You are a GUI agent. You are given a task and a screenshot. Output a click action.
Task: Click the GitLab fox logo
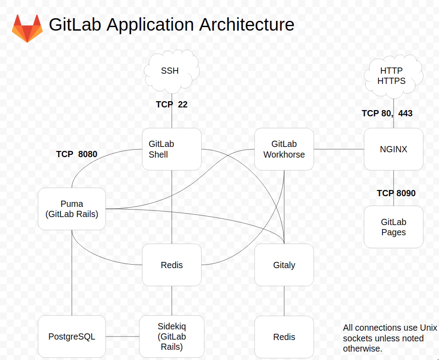pyautogui.click(x=27, y=28)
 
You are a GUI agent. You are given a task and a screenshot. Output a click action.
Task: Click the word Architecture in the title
pyautogui.click(x=246, y=24)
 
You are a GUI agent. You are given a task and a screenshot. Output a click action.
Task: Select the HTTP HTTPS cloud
pyautogui.click(x=391, y=76)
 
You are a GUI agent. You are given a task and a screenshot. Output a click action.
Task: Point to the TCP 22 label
pyautogui.click(x=172, y=105)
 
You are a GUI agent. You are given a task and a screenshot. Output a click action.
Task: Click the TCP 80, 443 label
pyautogui.click(x=387, y=114)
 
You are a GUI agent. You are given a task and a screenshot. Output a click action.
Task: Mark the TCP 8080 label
pyautogui.click(x=76, y=154)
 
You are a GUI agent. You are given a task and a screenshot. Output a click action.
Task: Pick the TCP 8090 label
pyautogui.click(x=396, y=194)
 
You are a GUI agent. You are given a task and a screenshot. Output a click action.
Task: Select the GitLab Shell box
pyautogui.click(x=172, y=149)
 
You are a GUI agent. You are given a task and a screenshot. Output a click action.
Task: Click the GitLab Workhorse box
pyautogui.click(x=284, y=149)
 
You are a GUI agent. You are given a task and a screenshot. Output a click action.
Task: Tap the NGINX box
pyautogui.click(x=393, y=149)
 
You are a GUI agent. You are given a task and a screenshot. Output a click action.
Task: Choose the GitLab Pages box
pyautogui.click(x=393, y=227)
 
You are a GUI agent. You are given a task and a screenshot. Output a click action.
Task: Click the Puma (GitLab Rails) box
pyautogui.click(x=72, y=209)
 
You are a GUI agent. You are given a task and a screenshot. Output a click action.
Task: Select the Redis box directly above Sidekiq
pyautogui.click(x=172, y=265)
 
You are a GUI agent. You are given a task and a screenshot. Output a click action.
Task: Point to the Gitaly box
pyautogui.click(x=284, y=265)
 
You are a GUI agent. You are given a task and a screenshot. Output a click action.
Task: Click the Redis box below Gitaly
pyautogui.click(x=284, y=337)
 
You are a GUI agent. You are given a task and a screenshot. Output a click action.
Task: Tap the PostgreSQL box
pyautogui.click(x=72, y=336)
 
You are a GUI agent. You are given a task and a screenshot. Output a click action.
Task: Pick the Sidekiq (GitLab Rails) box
pyautogui.click(x=172, y=336)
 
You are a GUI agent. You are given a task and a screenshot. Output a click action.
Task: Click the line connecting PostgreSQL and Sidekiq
pyautogui.click(x=122, y=336)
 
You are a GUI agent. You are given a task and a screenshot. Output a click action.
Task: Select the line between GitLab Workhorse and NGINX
pyautogui.click(x=339, y=149)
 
